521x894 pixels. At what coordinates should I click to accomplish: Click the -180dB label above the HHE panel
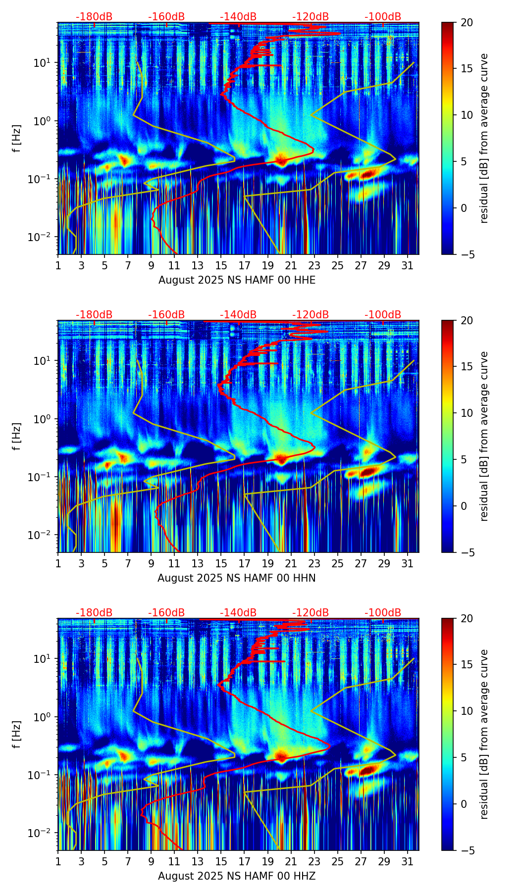point(94,17)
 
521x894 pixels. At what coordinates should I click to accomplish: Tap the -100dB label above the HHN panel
point(383,315)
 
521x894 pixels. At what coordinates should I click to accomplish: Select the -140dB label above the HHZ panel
point(238,613)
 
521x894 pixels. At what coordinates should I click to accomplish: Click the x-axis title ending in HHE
point(237,280)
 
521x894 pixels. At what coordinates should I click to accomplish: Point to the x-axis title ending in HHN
point(237,578)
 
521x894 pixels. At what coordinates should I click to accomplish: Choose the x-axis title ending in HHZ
point(237,876)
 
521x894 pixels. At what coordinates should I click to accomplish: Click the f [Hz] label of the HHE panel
point(17,139)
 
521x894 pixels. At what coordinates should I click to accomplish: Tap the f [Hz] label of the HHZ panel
point(17,735)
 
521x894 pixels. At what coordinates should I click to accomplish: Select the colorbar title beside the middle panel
point(484,436)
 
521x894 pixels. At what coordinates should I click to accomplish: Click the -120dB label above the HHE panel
point(311,17)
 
